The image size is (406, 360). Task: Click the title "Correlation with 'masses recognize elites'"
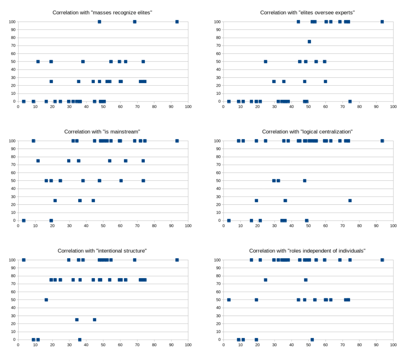(102, 13)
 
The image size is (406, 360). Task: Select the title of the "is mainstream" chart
(102, 132)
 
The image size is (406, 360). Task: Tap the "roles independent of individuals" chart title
(307, 251)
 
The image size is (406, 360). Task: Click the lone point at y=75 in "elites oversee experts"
(309, 42)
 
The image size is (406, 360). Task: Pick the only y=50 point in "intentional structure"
(46, 300)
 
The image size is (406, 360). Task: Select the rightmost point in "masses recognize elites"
(177, 22)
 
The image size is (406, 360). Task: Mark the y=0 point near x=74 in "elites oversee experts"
(350, 101)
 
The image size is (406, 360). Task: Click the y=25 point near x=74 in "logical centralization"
(350, 201)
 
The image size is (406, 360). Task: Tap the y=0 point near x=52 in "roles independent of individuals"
(312, 340)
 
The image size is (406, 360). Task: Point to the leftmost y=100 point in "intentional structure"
(24, 260)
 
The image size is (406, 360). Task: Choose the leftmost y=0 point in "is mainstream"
(24, 221)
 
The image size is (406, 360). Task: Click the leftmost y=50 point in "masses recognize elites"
(38, 62)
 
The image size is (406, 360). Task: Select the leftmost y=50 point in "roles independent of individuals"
(229, 300)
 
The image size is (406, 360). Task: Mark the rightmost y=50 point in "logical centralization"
(304, 181)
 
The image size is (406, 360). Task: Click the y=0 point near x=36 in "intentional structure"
(80, 340)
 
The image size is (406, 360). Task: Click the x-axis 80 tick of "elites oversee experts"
(359, 107)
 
